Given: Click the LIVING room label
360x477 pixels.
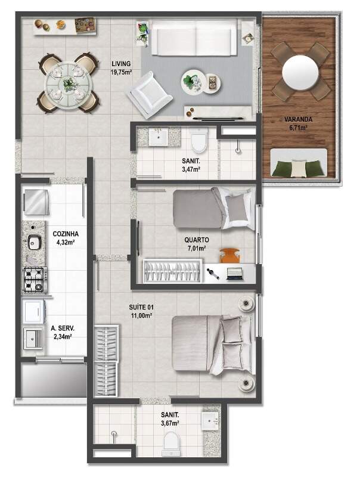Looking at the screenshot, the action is point(121,64).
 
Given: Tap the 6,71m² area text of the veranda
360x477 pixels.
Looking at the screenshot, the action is point(298,128).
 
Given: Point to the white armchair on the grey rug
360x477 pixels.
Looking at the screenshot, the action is point(150,94).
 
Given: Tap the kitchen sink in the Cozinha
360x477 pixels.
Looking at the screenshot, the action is point(35,243).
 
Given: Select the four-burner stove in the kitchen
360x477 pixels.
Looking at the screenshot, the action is point(36,280).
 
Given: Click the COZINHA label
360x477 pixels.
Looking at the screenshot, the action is point(66,234).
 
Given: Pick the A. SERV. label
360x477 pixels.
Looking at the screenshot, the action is point(63,329).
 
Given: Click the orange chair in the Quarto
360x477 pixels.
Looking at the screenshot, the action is point(230,255).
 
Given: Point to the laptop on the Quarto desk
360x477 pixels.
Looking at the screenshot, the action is point(235,274).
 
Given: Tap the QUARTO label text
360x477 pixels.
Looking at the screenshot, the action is point(197,240).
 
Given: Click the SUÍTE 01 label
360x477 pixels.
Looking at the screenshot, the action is point(141,307).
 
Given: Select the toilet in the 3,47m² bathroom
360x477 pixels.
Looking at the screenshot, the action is point(200,140).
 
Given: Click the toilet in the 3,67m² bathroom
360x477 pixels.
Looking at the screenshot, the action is point(171,443).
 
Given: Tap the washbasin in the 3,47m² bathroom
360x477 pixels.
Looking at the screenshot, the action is point(159,137).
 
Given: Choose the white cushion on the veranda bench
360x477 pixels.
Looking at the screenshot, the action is point(299,169).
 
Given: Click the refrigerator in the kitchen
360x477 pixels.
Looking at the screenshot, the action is point(36,202).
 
